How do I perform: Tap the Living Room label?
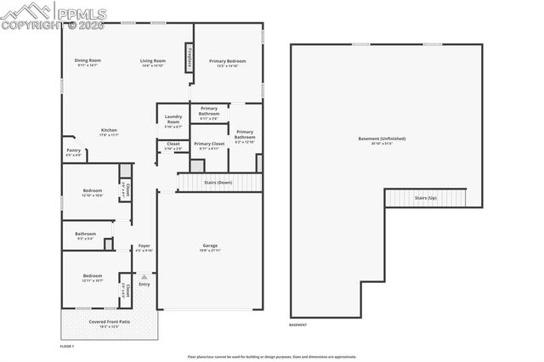click(152, 60)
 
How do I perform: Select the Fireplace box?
click(189, 60)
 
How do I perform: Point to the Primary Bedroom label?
click(228, 60)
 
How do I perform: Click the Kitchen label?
click(108, 130)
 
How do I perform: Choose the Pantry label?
click(73, 151)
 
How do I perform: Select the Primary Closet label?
click(208, 144)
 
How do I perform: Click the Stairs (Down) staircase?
click(219, 182)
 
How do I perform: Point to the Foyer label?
click(144, 246)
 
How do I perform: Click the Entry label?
click(144, 283)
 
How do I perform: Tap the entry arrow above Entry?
click(144, 275)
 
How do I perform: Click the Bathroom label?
click(85, 234)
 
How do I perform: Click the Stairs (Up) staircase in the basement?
click(426, 197)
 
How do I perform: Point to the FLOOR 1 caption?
click(67, 347)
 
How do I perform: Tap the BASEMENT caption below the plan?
click(298, 324)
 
